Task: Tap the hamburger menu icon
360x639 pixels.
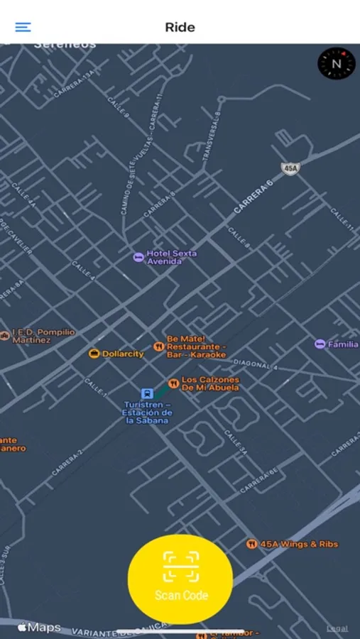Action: [23, 27]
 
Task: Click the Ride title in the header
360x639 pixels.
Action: [180, 27]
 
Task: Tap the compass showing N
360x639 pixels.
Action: [336, 63]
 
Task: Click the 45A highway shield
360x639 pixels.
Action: [290, 168]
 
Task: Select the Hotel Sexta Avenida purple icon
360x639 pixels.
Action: [138, 257]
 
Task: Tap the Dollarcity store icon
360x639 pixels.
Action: [94, 354]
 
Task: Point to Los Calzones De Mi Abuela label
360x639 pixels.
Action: [210, 383]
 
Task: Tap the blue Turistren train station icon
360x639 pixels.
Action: [146, 393]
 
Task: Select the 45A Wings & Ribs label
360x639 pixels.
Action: [298, 544]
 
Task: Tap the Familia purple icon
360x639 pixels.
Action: [320, 344]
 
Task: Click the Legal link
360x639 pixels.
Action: [337, 628]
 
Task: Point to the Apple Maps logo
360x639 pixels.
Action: [40, 628]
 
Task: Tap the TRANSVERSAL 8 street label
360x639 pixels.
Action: [212, 136]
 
